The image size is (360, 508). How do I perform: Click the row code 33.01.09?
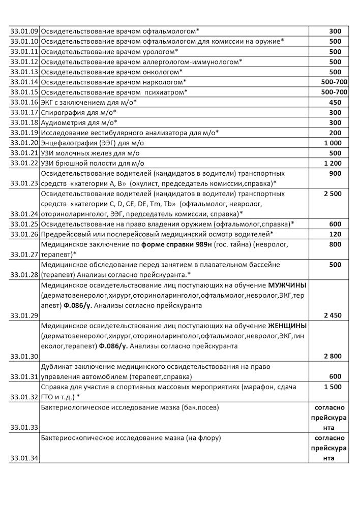[24, 31]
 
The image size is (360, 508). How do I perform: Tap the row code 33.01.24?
[24, 214]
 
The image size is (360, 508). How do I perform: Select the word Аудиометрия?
[63, 122]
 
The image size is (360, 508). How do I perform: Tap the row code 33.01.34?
[24, 458]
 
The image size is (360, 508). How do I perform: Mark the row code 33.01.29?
[24, 315]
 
